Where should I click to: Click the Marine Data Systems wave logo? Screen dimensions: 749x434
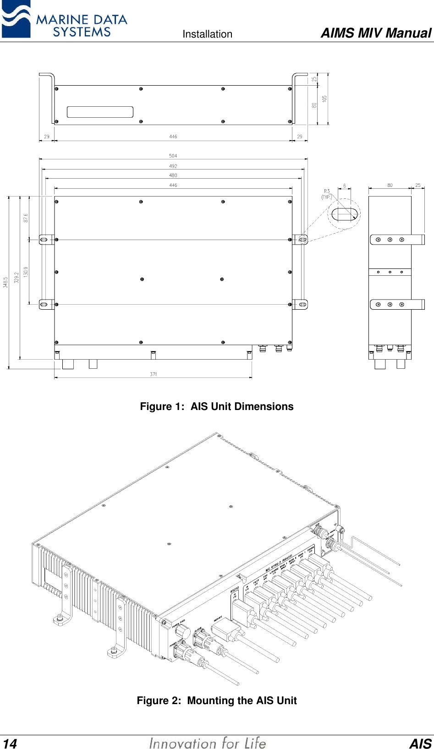[16, 19]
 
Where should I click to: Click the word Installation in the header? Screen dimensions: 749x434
[207, 34]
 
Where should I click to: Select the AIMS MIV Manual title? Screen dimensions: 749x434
[375, 33]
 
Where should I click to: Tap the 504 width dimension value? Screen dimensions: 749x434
[173, 156]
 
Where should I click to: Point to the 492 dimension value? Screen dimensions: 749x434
[173, 166]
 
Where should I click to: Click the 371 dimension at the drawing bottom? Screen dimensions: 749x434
[154, 374]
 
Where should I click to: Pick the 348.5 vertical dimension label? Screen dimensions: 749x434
[5, 282]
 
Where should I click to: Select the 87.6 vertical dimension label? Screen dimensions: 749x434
[26, 218]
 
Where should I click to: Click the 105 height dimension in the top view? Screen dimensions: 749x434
[324, 98]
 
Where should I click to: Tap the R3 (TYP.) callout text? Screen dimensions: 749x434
[327, 194]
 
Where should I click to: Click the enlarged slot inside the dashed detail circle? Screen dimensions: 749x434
[344, 214]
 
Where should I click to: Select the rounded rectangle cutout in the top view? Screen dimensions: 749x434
[100, 112]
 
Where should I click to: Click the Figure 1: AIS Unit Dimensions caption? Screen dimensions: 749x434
[216, 406]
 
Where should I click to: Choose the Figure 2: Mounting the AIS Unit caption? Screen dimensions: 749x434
[216, 700]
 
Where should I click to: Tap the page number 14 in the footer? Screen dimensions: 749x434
[10, 744]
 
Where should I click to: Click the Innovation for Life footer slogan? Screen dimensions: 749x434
[207, 743]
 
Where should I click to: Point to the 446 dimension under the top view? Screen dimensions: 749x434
[173, 137]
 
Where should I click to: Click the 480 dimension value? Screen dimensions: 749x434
[173, 175]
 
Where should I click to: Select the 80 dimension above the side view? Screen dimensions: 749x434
[390, 185]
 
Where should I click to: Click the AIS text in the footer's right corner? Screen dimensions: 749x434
[420, 744]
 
